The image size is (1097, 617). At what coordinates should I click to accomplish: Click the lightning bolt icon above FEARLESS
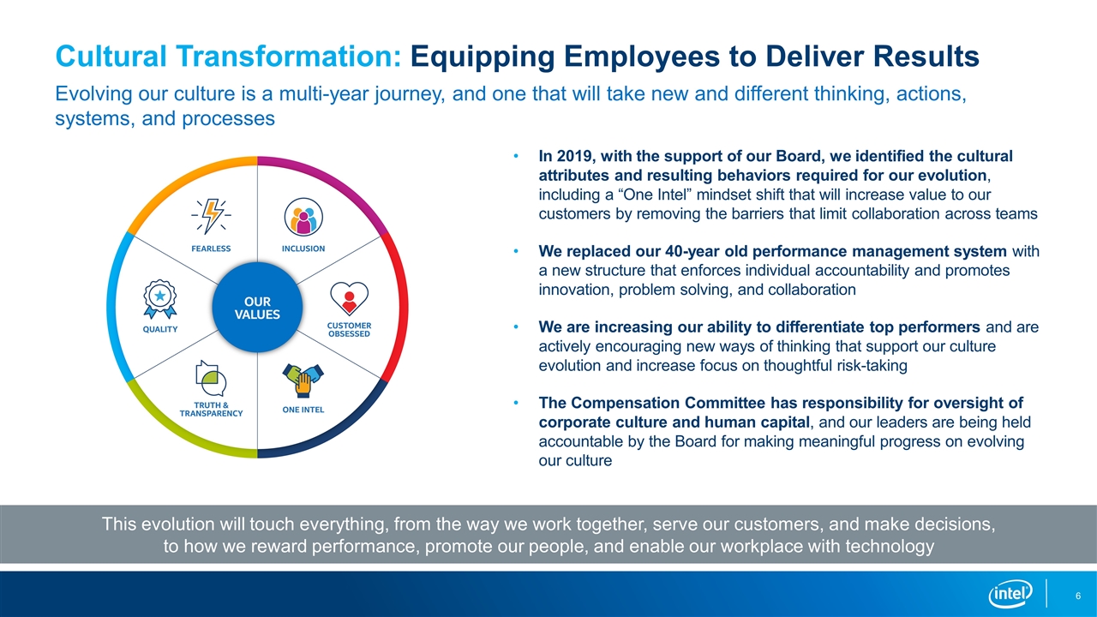(211, 216)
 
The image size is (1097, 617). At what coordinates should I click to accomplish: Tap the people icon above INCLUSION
(303, 217)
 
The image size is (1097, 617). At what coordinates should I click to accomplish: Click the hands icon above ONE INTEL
(303, 380)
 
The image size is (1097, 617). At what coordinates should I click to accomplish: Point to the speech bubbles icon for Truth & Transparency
(211, 378)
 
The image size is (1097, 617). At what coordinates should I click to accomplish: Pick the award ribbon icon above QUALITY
(159, 299)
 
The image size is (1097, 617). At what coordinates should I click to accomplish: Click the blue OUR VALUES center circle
(257, 308)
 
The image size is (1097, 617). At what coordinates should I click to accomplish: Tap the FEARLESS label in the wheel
(211, 249)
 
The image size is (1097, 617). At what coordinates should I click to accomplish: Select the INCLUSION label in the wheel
(303, 249)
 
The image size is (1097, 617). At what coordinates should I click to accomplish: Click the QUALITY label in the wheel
(160, 330)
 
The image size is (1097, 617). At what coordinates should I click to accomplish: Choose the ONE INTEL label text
(303, 410)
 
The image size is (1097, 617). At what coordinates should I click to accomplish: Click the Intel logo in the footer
(1010, 595)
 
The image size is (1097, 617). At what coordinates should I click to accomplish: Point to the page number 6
(1078, 596)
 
